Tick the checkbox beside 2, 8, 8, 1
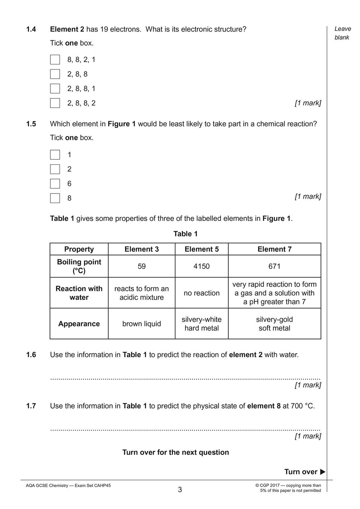55,89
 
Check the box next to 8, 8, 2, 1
55,60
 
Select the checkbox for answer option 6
55,184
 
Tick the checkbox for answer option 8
55,198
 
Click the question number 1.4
31,29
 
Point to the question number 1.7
31,406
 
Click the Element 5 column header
202,249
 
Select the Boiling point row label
79,266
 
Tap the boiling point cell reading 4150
202,266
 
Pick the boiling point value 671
274,266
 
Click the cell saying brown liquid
142,324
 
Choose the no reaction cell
202,293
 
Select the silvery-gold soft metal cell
274,324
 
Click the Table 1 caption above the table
185,234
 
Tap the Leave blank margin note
342,33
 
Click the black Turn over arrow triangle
323,472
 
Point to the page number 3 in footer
180,490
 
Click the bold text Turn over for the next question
175,452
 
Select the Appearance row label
79,324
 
